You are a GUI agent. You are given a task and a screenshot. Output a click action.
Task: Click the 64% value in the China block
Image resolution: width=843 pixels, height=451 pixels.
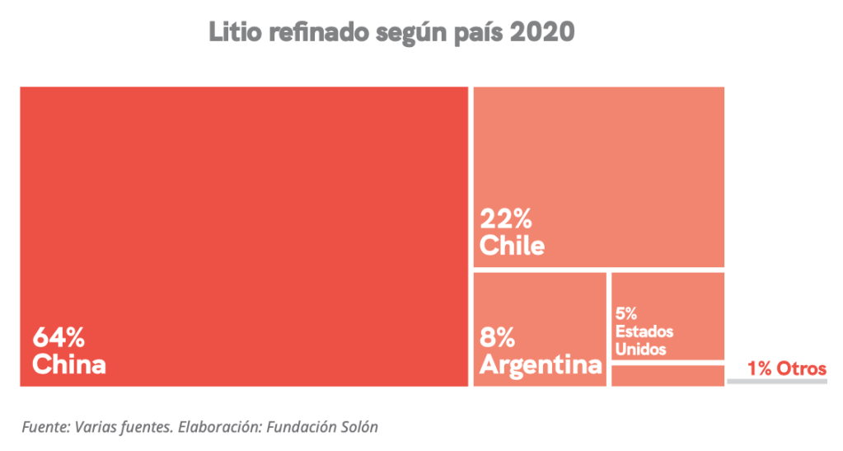[59, 338]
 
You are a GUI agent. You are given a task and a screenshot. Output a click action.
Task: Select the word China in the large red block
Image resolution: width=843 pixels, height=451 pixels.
[69, 364]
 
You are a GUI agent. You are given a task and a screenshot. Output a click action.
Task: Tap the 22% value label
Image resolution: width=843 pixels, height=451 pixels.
[506, 220]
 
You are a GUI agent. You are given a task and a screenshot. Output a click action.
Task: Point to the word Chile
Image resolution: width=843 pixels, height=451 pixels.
[512, 246]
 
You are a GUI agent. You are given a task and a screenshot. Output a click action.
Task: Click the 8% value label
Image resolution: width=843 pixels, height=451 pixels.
[498, 338]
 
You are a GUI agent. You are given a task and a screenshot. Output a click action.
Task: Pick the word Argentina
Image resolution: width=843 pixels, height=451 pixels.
[541, 364]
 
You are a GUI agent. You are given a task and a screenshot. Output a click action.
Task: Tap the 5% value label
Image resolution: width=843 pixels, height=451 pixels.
[625, 314]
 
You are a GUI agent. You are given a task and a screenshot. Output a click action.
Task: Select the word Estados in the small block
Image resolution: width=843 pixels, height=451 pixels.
[644, 331]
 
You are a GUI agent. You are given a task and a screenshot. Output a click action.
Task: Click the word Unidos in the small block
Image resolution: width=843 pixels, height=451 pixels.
[641, 348]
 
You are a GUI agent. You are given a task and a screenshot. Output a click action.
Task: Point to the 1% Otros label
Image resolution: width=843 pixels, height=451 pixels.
[786, 369]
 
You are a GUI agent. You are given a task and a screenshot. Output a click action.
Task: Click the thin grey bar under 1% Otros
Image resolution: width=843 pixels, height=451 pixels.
[777, 382]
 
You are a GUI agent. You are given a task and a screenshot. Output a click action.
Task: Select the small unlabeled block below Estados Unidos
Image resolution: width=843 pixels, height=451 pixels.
[667, 376]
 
